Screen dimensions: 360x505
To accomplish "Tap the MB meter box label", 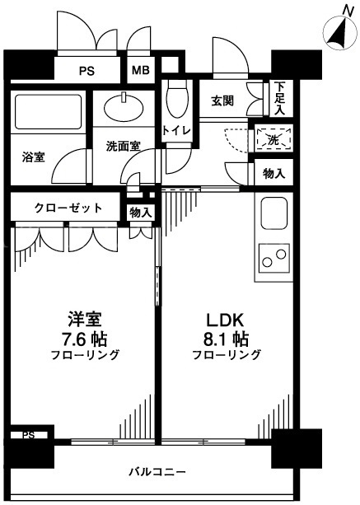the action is [x=141, y=70].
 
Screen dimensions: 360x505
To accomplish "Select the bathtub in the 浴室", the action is [x=48, y=112].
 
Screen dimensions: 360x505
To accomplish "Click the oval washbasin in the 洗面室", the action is [x=124, y=107].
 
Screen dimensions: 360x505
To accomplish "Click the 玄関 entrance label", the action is [x=222, y=101].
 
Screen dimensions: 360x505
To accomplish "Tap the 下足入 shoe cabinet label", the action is [x=280, y=99].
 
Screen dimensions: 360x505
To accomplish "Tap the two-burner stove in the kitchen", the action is [x=274, y=258].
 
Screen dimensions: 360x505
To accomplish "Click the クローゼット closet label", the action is [x=68, y=208].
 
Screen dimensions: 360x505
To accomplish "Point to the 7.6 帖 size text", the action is [x=84, y=339].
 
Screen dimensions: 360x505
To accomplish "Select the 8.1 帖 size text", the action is [x=226, y=339].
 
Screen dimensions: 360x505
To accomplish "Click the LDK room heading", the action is [x=224, y=320].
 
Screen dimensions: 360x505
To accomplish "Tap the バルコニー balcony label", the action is [x=157, y=472].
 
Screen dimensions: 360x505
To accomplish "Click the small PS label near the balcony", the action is [x=28, y=435].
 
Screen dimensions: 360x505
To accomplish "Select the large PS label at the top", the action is [x=87, y=71].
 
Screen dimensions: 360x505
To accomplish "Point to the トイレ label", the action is [x=176, y=131].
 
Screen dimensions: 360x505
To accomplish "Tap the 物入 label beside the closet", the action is [x=141, y=213].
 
